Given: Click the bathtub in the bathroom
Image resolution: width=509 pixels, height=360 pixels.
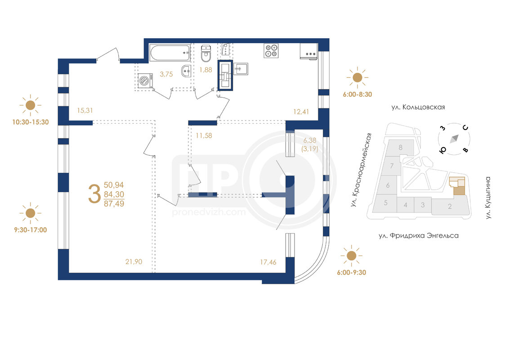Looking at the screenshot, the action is click(x=170, y=53).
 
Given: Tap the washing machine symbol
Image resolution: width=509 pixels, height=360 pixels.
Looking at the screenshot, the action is click(x=145, y=81).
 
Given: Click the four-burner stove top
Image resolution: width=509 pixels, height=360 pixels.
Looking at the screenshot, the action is click(x=271, y=51).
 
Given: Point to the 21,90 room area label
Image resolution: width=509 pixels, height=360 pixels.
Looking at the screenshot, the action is click(x=134, y=261).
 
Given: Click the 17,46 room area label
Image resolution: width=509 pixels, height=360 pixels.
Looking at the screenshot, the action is click(x=268, y=262).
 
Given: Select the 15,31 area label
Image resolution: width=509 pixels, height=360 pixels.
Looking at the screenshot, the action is click(x=85, y=110).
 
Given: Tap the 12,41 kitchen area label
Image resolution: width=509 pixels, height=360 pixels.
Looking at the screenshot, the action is click(x=301, y=112).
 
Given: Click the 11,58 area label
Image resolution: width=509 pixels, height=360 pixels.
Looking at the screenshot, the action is click(x=204, y=135).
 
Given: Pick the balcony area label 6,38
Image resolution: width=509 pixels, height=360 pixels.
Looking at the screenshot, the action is click(x=310, y=140).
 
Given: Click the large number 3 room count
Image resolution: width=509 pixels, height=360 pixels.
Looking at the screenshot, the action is click(x=94, y=193).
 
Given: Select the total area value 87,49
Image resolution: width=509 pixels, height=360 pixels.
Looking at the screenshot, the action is click(x=114, y=204).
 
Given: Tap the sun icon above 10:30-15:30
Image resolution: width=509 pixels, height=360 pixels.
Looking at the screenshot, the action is click(x=30, y=105).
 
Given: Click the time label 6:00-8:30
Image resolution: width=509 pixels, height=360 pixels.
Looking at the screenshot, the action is click(x=357, y=94).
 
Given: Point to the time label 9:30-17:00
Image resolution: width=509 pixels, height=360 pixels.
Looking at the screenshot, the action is click(x=30, y=230).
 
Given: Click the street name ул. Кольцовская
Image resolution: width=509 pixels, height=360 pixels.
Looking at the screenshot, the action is click(x=418, y=107).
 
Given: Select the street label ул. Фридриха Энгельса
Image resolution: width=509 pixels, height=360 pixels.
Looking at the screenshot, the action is click(x=419, y=235).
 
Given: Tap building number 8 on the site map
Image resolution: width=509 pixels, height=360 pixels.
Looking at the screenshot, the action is click(x=401, y=148).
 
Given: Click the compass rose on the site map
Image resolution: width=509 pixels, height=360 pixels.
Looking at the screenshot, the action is click(x=454, y=139).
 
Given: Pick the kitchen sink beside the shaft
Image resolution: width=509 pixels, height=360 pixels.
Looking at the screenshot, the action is click(x=241, y=69).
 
